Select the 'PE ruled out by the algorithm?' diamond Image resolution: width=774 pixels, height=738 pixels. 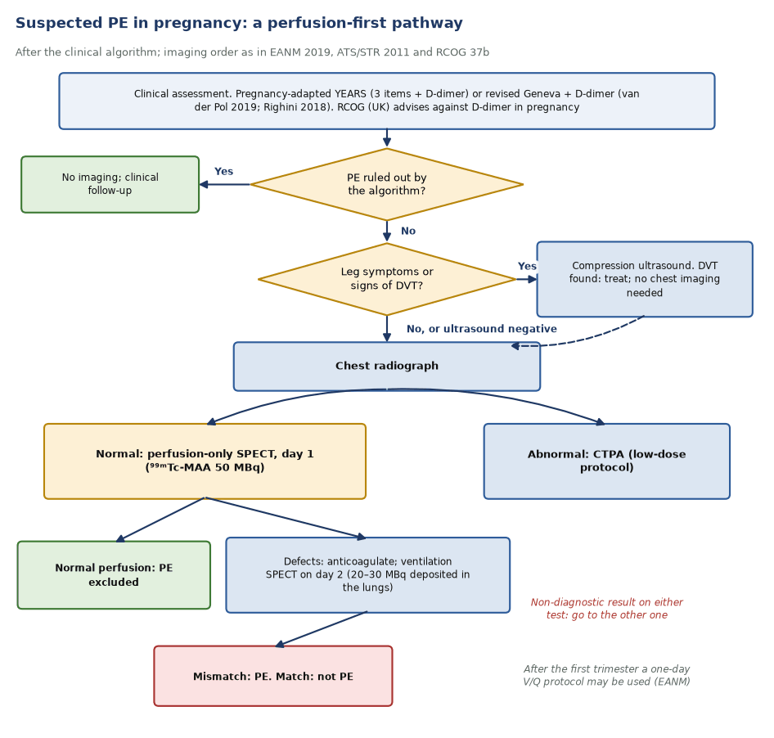point(386,184)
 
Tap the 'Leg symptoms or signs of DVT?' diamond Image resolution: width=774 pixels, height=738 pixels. point(386,279)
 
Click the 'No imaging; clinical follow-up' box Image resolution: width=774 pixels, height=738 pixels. point(110,184)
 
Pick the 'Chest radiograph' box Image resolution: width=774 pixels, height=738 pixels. point(386,366)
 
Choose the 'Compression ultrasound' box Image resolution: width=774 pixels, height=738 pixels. point(644,279)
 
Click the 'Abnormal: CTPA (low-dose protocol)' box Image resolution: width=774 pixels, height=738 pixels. point(606,461)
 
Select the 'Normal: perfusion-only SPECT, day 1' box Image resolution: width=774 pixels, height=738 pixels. point(205,461)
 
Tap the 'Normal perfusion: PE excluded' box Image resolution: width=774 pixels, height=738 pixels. point(114,574)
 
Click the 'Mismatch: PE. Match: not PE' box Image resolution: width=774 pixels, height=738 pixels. point(273,676)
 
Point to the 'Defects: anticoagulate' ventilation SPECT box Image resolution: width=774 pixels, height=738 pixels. point(367,574)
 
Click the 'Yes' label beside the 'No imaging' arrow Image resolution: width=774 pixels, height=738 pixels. point(223,171)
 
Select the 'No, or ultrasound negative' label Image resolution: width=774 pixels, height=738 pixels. point(482,329)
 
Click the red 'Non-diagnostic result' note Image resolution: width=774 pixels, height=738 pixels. point(606,608)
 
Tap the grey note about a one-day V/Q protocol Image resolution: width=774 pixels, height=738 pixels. point(606,675)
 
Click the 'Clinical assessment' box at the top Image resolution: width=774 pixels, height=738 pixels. point(386,101)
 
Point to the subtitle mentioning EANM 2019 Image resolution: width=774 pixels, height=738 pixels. point(252,52)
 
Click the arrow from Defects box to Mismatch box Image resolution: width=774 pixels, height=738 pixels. point(322,629)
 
